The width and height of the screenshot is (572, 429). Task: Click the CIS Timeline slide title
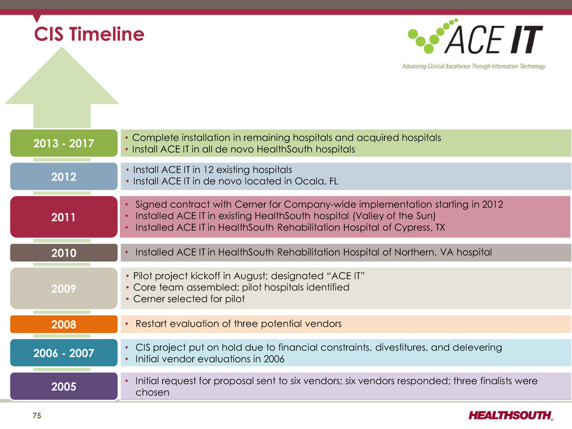click(x=89, y=34)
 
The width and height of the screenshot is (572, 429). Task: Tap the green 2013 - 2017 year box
click(x=64, y=143)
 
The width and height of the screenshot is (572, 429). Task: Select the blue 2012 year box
click(x=64, y=176)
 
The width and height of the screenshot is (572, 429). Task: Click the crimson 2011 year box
click(x=64, y=217)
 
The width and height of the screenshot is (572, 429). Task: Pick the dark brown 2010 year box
click(x=64, y=253)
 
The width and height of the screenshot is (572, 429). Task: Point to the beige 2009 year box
click(x=64, y=288)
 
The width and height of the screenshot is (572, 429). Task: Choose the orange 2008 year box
click(x=64, y=324)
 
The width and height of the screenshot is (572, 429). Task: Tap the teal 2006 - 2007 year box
click(x=64, y=353)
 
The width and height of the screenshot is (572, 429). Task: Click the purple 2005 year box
click(x=64, y=386)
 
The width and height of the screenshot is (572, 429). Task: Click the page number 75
click(x=37, y=416)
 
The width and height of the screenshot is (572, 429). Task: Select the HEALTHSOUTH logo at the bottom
click(x=511, y=415)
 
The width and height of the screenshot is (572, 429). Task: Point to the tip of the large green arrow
click(x=62, y=47)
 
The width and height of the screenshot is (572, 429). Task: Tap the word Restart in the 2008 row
click(x=151, y=324)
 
